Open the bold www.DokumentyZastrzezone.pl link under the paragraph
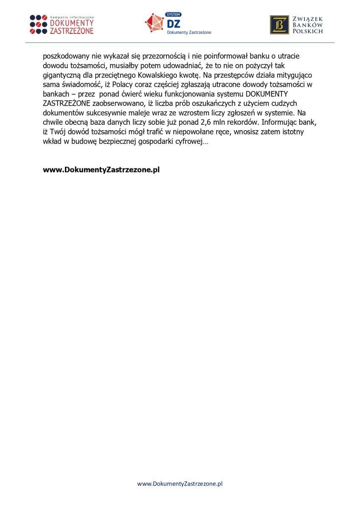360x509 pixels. click(x=101, y=170)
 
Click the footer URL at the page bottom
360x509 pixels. click(x=180, y=484)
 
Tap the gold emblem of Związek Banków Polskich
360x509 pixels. click(x=279, y=25)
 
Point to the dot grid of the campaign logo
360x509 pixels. click(x=38, y=24)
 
